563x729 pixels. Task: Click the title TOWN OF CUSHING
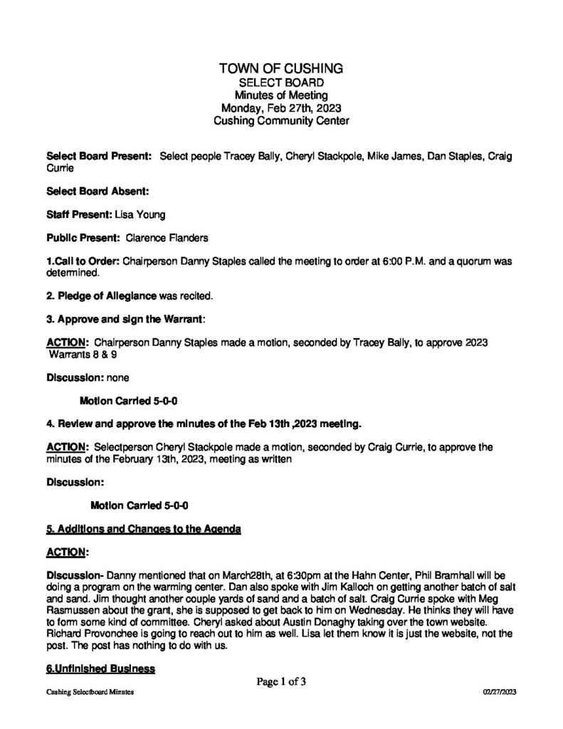[281, 69]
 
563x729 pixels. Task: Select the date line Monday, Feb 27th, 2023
[281, 108]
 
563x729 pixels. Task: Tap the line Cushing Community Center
[281, 122]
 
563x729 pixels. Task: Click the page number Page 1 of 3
[281, 682]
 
